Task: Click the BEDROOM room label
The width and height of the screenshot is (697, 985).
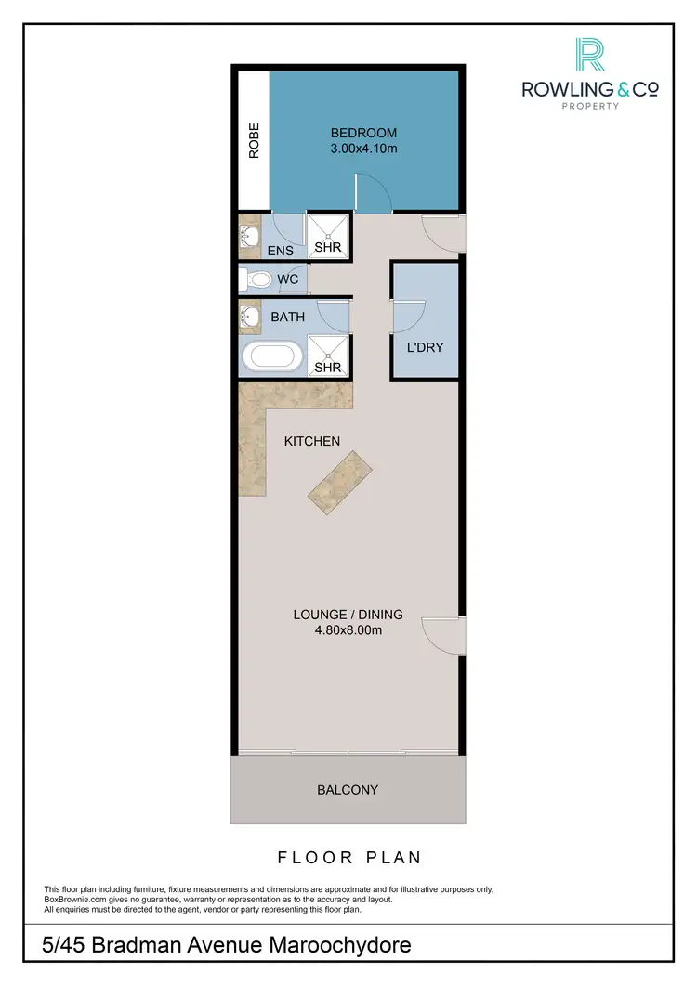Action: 363,133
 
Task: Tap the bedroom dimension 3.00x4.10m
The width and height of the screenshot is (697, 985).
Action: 363,148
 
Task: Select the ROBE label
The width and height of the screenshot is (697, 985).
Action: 253,141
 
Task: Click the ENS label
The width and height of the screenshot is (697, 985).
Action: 280,251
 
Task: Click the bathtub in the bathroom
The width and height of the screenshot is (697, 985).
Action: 271,356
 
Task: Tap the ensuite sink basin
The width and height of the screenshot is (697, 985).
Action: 249,238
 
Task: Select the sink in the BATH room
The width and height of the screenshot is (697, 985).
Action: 249,318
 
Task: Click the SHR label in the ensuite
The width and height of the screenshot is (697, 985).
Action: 326,247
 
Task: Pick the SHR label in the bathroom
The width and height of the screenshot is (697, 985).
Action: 326,368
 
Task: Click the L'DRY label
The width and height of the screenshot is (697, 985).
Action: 425,348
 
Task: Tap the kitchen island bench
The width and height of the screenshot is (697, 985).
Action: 340,477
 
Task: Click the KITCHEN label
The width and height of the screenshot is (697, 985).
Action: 311,441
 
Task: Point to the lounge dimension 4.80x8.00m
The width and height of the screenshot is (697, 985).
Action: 348,630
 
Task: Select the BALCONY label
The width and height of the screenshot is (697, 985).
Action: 348,790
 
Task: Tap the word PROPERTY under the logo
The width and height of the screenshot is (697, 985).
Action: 590,107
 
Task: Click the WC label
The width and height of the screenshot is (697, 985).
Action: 287,279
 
